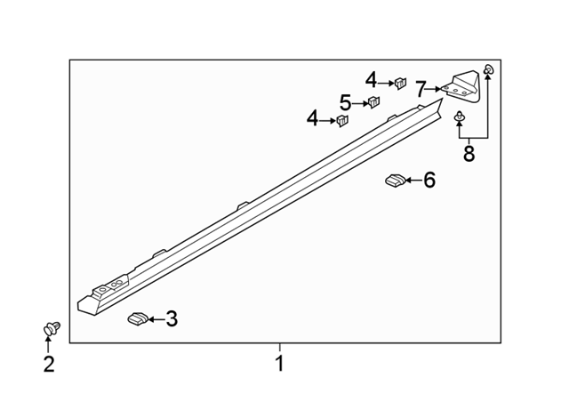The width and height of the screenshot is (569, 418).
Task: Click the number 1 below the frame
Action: pyautogui.click(x=279, y=363)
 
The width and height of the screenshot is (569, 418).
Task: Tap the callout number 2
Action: pyautogui.click(x=49, y=364)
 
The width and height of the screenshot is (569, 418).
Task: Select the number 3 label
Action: pyautogui.click(x=172, y=319)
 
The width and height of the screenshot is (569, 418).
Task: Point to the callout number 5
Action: pyautogui.click(x=346, y=102)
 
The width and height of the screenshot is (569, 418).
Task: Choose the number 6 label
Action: pyautogui.click(x=429, y=180)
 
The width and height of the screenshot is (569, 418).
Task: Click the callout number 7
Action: pyautogui.click(x=421, y=89)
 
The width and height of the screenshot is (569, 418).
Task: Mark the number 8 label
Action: pyautogui.click(x=469, y=154)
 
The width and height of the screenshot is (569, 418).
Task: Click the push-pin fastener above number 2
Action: pyautogui.click(x=52, y=328)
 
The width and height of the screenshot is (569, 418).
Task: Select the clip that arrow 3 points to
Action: pyautogui.click(x=138, y=318)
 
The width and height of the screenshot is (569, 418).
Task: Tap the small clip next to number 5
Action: pyautogui.click(x=373, y=101)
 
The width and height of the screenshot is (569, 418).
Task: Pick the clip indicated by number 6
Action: pyautogui.click(x=395, y=181)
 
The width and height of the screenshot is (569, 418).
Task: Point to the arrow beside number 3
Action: pyautogui.click(x=156, y=319)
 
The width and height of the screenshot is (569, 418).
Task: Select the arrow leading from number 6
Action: pyautogui.click(x=414, y=180)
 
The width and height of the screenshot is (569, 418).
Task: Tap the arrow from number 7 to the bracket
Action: pyautogui.click(x=434, y=89)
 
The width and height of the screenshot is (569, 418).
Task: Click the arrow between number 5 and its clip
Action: pyautogui.click(x=360, y=104)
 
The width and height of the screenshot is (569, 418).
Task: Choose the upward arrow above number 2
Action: pyautogui.click(x=47, y=344)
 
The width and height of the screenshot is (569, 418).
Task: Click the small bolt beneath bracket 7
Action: pyautogui.click(x=460, y=117)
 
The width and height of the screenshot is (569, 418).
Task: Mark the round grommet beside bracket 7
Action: pyautogui.click(x=488, y=68)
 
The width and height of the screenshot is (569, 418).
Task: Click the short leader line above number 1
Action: pyautogui.click(x=279, y=347)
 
